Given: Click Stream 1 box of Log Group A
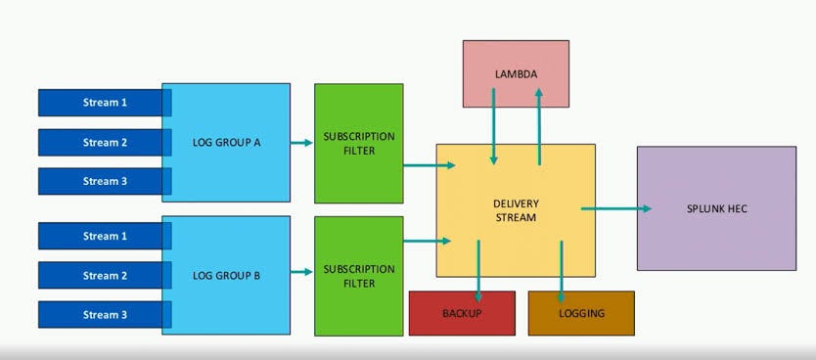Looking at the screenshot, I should [x=104, y=103].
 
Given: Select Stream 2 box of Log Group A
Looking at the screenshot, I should [x=104, y=142].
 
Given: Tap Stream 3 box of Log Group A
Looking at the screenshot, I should [x=104, y=181].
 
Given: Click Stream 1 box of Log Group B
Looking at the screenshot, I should [x=104, y=236].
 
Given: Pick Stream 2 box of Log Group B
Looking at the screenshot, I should [x=104, y=276].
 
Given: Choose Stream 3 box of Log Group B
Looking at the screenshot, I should [x=104, y=315].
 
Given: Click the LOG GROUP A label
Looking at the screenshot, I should [x=226, y=143].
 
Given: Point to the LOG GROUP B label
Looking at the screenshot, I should [x=226, y=276].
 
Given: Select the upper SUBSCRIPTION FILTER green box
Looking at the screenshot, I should [x=358, y=143].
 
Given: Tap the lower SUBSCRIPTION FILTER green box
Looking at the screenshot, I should [x=358, y=276].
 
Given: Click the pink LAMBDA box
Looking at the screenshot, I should [x=516, y=73].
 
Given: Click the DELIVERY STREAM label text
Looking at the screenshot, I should [x=516, y=210].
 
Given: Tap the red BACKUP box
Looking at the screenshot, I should [x=462, y=313].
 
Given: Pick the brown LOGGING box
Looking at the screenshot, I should [x=581, y=313].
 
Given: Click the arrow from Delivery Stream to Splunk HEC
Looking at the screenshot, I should [x=616, y=208].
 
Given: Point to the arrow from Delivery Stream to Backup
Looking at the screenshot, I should [x=478, y=269].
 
